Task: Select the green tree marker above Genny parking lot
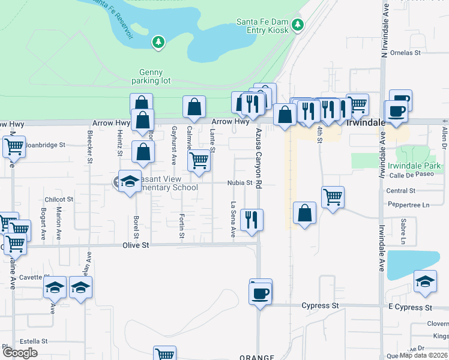pos(158,42)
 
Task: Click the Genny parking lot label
pos(151,76)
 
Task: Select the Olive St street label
pos(135,245)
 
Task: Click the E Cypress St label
pos(409,307)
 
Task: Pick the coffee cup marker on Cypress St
pos(261,293)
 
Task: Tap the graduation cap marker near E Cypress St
pos(425,281)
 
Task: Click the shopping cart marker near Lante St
pos(199,160)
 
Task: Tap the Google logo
pos(20,353)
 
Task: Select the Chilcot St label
pos(59,199)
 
